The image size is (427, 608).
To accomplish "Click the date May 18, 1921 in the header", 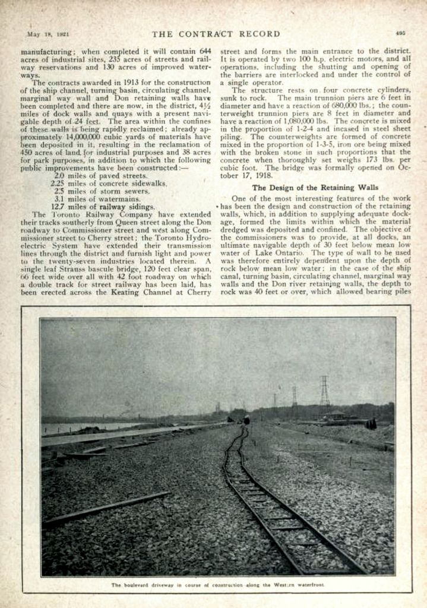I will click(48, 34).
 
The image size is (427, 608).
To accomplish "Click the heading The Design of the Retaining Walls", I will click(315, 187).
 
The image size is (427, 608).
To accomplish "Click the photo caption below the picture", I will click(217, 585).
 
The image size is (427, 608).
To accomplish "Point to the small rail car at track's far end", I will click(246, 420).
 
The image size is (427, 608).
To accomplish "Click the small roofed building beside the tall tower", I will click(337, 416).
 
